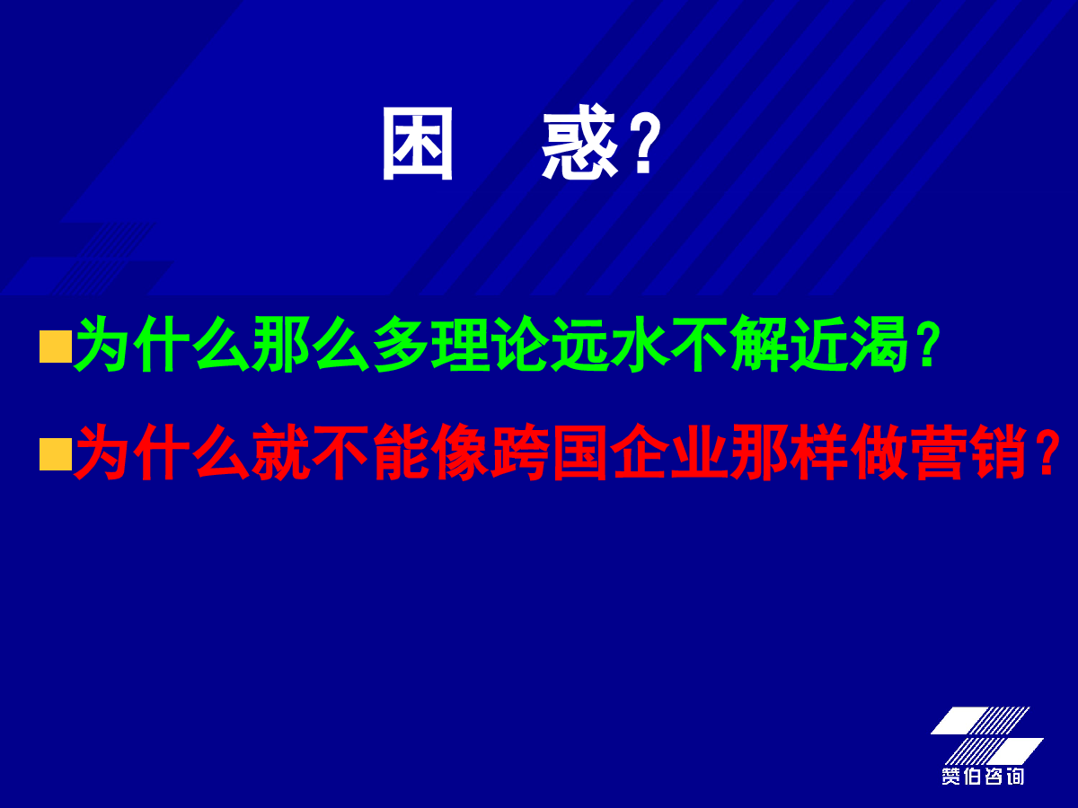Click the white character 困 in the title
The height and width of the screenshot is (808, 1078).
pyautogui.click(x=418, y=144)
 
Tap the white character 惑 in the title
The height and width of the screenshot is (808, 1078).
pyautogui.click(x=579, y=142)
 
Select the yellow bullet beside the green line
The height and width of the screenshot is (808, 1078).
pyautogui.click(x=56, y=347)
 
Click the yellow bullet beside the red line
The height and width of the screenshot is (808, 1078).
pyautogui.click(x=56, y=454)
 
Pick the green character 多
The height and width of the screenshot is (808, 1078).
pyautogui.click(x=401, y=344)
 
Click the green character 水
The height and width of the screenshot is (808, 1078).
pyautogui.click(x=639, y=344)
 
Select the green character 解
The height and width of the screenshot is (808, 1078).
pyautogui.click(x=759, y=344)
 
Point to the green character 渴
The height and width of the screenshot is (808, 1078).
pyautogui.click(x=879, y=344)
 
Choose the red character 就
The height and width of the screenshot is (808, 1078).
pyautogui.click(x=281, y=452)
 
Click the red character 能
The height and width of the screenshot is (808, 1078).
pyautogui.click(x=401, y=452)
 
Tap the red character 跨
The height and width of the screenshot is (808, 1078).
pyautogui.click(x=519, y=452)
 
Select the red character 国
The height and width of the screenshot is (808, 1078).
pyautogui.click(x=579, y=452)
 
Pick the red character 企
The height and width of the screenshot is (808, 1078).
pyautogui.click(x=640, y=452)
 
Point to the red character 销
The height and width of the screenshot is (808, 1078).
pyautogui.click(x=998, y=452)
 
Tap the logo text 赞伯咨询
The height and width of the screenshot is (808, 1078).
pyautogui.click(x=983, y=776)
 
